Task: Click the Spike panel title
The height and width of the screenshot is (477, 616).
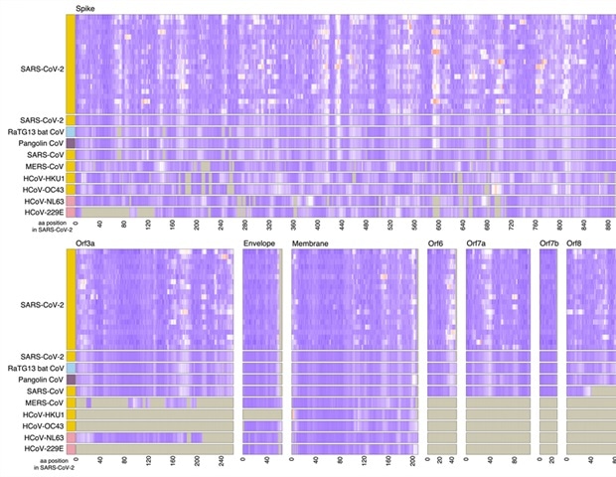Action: coord(85,8)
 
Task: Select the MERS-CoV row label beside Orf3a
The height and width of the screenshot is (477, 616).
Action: coord(45,402)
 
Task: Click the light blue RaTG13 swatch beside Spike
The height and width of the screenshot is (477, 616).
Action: coord(71,131)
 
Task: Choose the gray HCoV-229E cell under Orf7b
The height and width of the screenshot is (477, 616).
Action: coord(548,449)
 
